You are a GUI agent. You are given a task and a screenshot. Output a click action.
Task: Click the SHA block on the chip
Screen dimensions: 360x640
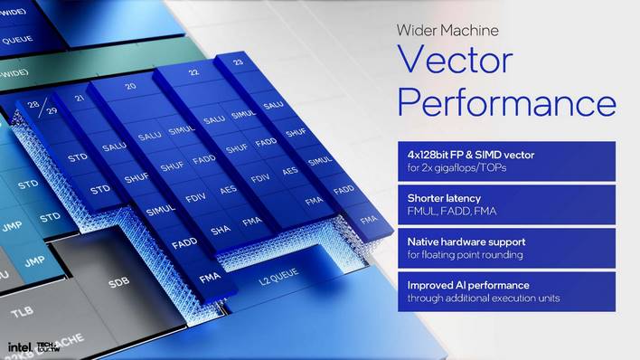[x=220, y=231]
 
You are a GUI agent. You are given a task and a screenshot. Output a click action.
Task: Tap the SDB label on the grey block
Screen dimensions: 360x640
[x=118, y=282]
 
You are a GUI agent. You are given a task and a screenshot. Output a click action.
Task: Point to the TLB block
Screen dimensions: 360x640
[x=22, y=312]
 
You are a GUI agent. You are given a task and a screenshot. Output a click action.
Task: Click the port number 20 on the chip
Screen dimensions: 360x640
[x=131, y=86]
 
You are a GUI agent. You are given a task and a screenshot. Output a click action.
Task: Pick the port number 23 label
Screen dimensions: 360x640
[x=238, y=62]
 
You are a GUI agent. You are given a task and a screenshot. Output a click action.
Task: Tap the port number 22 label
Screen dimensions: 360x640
[x=193, y=72]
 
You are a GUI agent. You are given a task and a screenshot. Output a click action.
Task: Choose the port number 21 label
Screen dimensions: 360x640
[x=80, y=98]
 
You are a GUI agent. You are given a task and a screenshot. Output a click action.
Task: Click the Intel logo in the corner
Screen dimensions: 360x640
[x=20, y=346]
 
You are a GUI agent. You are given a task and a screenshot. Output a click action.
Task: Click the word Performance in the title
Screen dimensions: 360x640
[x=506, y=100]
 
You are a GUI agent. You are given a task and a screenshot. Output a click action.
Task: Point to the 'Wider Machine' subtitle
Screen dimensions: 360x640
[x=447, y=30]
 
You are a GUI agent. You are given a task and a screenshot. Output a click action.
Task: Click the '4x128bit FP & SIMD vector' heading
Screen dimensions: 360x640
[x=470, y=155]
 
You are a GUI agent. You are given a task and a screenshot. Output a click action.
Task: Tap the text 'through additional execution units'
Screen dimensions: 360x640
[x=482, y=298]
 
